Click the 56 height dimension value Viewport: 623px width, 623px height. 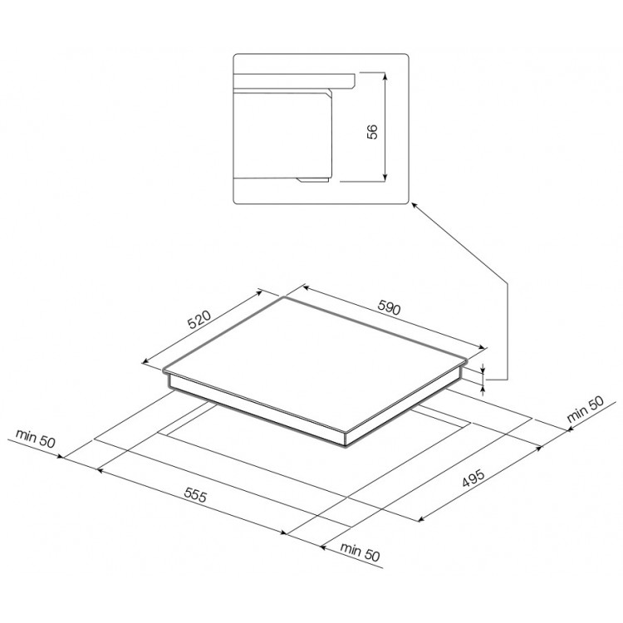click(x=373, y=131)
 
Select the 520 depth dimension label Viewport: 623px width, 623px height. click(x=199, y=320)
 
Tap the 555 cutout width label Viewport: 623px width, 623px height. click(x=195, y=495)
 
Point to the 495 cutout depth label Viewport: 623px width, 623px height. click(x=473, y=478)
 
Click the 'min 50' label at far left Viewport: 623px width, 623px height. click(x=36, y=439)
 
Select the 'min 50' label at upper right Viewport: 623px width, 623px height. click(x=585, y=410)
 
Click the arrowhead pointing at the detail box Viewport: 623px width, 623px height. click(x=414, y=205)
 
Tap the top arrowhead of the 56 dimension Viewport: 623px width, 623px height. click(x=385, y=76)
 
